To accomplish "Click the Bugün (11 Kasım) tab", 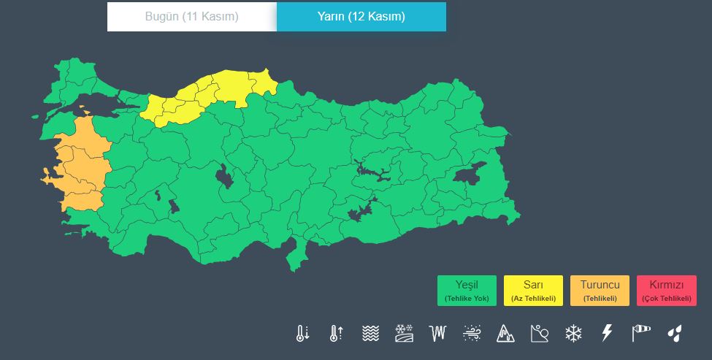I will [x=192, y=17].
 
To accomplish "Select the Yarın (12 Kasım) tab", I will [x=361, y=17].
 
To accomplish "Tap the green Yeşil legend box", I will [x=467, y=290].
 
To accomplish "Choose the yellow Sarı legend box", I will [x=533, y=290].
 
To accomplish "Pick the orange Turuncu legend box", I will [x=600, y=290].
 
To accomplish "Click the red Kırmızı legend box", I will [x=666, y=290].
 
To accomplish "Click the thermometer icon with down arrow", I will [x=302, y=334].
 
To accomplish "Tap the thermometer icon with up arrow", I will [x=336, y=334].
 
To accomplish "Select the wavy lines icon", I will [x=370, y=334].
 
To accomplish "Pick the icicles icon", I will [x=438, y=334].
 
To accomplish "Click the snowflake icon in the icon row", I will [x=573, y=334].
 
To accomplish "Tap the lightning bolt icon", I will [x=607, y=334].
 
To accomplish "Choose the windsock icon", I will [x=640, y=334].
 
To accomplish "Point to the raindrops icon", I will [x=675, y=334].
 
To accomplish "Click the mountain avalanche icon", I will [x=505, y=334].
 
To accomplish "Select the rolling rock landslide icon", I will [x=540, y=334].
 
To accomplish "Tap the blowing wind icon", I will [x=472, y=334].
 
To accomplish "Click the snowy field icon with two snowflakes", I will [x=404, y=334].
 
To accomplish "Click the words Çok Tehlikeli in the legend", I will [x=666, y=298].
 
